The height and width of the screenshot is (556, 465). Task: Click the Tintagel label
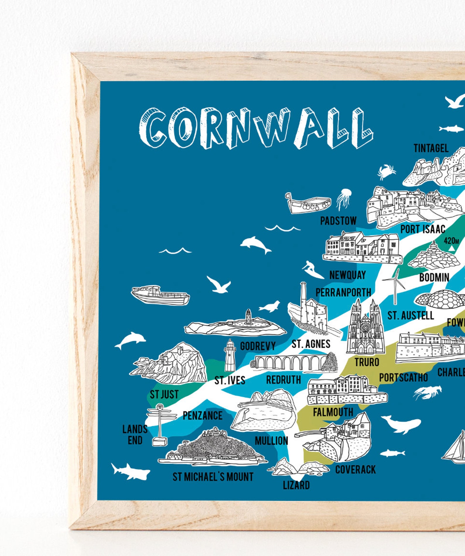(x=431, y=148)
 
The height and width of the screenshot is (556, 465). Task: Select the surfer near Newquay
(x=312, y=270)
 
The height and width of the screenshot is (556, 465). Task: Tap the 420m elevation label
(x=451, y=241)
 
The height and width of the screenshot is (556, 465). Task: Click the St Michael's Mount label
(x=213, y=477)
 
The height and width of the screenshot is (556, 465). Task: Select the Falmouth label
(x=333, y=412)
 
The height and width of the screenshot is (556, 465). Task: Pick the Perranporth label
(x=343, y=292)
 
